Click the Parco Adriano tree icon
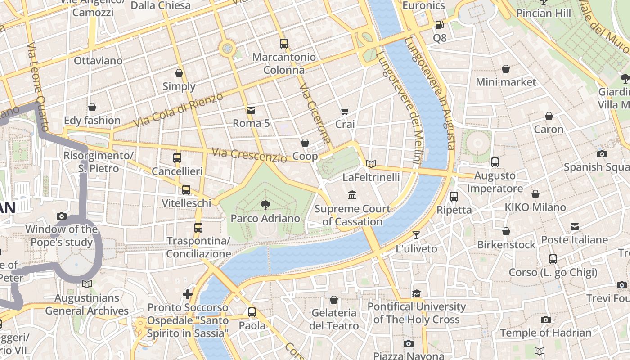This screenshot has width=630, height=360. tap(265, 205)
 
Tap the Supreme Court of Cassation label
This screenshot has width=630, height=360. tap(352, 215)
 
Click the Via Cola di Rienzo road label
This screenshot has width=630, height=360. tap(179, 110)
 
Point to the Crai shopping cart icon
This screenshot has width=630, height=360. tap(345, 111)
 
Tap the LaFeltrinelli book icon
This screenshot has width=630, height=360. tap(371, 164)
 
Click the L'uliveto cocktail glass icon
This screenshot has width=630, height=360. tap(416, 235)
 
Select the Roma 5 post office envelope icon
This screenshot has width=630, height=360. tap(251, 110)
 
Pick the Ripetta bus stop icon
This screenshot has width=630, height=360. tap(454, 197)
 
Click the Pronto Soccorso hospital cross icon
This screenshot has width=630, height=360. tap(188, 294)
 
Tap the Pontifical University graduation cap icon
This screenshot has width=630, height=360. tap(417, 293)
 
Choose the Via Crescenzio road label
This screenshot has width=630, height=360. tap(249, 155)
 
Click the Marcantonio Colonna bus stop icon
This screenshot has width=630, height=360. tap(283, 44)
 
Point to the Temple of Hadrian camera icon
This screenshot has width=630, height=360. tap(546, 319)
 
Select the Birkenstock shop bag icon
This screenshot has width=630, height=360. tap(506, 231)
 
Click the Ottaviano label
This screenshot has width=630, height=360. tap(98, 61)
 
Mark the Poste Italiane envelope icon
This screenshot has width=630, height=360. tap(575, 226)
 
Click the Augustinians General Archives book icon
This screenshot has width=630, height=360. tap(87, 284)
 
